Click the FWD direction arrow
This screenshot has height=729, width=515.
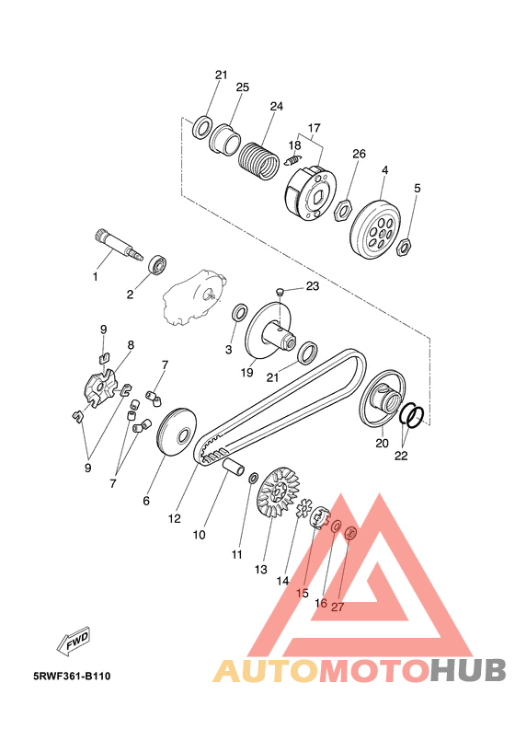tap(73, 642)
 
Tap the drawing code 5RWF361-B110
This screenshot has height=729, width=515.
tap(72, 676)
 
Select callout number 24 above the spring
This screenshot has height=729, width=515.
tap(276, 107)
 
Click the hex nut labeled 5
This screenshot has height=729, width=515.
tap(403, 247)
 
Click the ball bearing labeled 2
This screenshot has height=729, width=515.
tap(157, 265)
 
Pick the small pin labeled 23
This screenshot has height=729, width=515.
tap(280, 291)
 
